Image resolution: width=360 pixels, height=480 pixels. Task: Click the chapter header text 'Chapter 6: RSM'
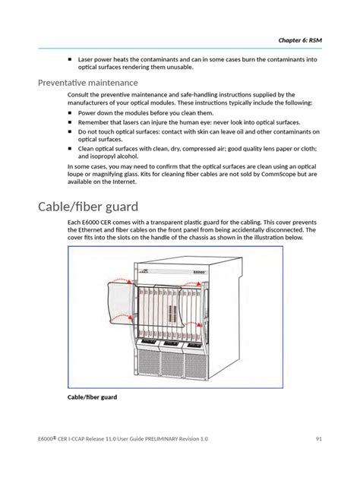[x=300, y=40]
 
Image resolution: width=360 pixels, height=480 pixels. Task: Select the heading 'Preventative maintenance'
[x=88, y=83]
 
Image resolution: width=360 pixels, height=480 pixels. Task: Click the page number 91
[x=319, y=439]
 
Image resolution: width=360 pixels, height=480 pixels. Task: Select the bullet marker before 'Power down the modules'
[x=70, y=113]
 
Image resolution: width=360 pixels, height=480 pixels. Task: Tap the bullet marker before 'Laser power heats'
[x=70, y=59]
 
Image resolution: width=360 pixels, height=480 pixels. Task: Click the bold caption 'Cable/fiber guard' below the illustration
[x=92, y=397]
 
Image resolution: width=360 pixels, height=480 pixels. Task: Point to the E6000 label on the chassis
[x=199, y=272]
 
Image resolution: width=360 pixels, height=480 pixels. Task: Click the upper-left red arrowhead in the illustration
[x=130, y=281]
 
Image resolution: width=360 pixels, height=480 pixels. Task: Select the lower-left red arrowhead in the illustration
[x=130, y=317]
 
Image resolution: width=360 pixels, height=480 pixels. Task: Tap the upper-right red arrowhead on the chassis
[x=199, y=284]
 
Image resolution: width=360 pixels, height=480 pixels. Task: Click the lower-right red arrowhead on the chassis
[x=199, y=324]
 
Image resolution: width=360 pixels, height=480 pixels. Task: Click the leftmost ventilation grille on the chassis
[x=149, y=362]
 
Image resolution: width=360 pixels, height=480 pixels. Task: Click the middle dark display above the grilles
[x=170, y=343]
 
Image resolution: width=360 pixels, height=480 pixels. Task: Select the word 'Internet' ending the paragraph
[x=124, y=182]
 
